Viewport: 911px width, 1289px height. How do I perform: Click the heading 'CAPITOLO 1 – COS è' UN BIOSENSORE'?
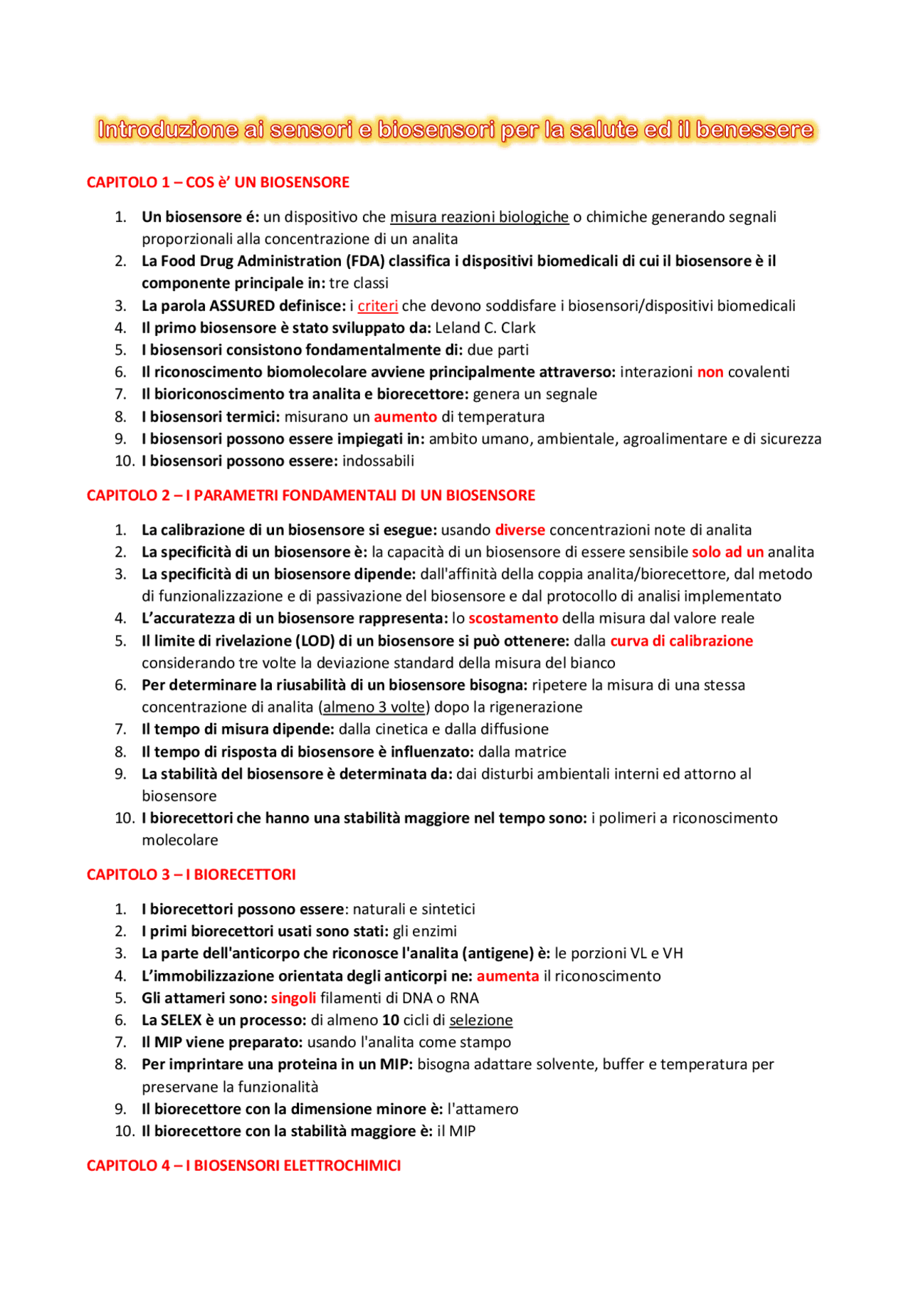point(218,182)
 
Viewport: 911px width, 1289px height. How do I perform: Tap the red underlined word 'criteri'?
point(377,306)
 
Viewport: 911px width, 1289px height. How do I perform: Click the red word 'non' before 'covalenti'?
point(710,372)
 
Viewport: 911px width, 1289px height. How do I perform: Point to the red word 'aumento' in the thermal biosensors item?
point(405,417)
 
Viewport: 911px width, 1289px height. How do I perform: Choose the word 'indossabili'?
point(378,461)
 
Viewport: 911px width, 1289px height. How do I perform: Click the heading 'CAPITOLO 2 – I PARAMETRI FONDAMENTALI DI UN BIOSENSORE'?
point(310,495)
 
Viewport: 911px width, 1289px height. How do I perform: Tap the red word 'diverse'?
point(520,530)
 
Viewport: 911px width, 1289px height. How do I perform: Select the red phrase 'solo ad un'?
point(727,552)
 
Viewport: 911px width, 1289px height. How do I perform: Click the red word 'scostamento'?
point(512,619)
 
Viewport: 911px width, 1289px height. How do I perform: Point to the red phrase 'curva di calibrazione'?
point(681,641)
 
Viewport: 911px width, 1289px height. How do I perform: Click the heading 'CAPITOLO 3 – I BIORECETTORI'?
point(191,875)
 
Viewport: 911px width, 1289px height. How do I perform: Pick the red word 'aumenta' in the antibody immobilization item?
point(507,976)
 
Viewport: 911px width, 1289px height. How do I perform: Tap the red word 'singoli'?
point(293,998)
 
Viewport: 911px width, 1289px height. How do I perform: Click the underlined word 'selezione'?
point(480,1020)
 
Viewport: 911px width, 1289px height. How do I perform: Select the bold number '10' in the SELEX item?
point(390,1020)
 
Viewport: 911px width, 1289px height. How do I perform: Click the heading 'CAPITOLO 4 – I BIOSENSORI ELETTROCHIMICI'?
point(243,1166)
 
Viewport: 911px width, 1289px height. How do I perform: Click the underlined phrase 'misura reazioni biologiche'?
point(479,217)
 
